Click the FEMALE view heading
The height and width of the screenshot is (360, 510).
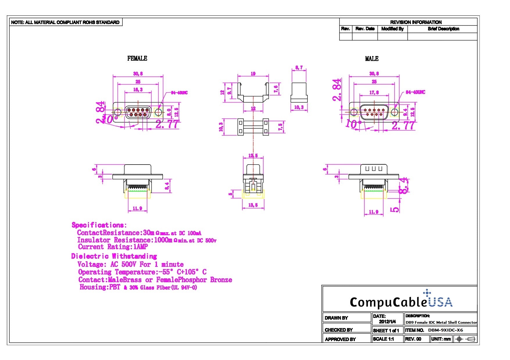pyautogui.click(x=137, y=58)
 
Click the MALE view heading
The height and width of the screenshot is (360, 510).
pyautogui.click(x=372, y=59)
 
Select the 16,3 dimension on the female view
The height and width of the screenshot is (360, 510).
pyautogui.click(x=138, y=90)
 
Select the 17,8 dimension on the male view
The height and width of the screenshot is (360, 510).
pyautogui.click(x=374, y=92)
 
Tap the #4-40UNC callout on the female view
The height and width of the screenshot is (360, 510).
pyautogui.click(x=179, y=93)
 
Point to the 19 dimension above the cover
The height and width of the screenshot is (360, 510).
pyautogui.click(x=253, y=74)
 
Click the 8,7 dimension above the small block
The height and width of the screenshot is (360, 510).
pyautogui.click(x=299, y=68)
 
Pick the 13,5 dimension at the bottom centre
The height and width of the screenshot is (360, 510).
pyautogui.click(x=253, y=205)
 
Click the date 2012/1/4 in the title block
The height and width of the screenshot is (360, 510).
pyautogui.click(x=387, y=322)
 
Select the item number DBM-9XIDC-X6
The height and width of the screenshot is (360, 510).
pyautogui.click(x=445, y=330)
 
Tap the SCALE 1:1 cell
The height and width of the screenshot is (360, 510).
pyautogui.click(x=383, y=339)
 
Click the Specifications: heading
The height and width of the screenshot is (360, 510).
pyautogui.click(x=99, y=225)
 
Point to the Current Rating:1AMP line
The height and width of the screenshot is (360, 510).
pyautogui.click(x=113, y=247)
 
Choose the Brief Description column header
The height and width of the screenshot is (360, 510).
pyautogui.click(x=443, y=29)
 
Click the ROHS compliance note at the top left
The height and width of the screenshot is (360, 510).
pyautogui.click(x=65, y=22)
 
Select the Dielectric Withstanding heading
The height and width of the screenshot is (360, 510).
pyautogui.click(x=114, y=256)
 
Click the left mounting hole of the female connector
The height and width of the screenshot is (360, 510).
pyautogui.click(x=118, y=112)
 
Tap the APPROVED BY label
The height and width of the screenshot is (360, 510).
pyautogui.click(x=340, y=339)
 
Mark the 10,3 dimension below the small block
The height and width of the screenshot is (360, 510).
pyautogui.click(x=299, y=107)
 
